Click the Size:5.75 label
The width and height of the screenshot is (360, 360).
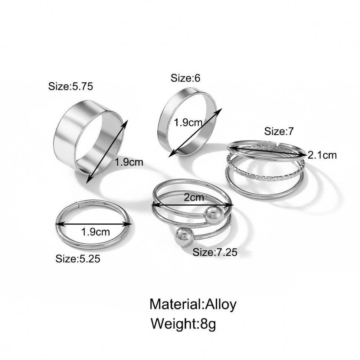tap(71, 86)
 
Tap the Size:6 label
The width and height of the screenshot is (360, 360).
tap(185, 78)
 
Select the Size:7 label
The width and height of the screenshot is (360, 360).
tap(279, 131)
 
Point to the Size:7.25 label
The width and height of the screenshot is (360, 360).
tap(215, 252)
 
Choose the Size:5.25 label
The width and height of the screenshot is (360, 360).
tap(78, 259)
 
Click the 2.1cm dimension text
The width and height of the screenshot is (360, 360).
tap(322, 156)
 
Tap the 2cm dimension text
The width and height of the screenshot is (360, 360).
tap(193, 197)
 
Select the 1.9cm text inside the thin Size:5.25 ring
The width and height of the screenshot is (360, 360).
tap(95, 232)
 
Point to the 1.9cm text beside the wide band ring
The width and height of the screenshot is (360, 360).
tap(129, 162)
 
